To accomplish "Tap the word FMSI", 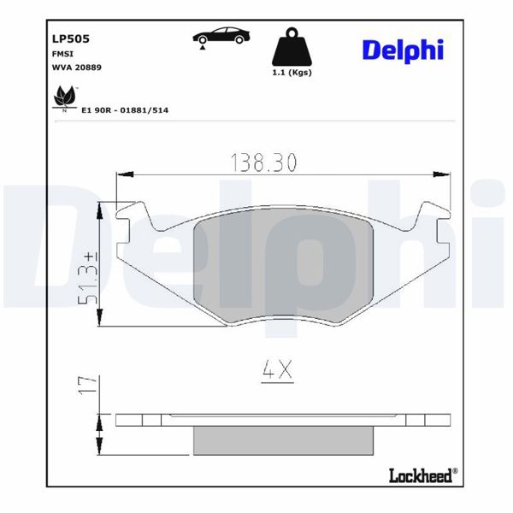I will pos(63,53).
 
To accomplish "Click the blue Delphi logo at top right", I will pos(402,50).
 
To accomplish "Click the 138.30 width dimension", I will pos(265,161).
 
